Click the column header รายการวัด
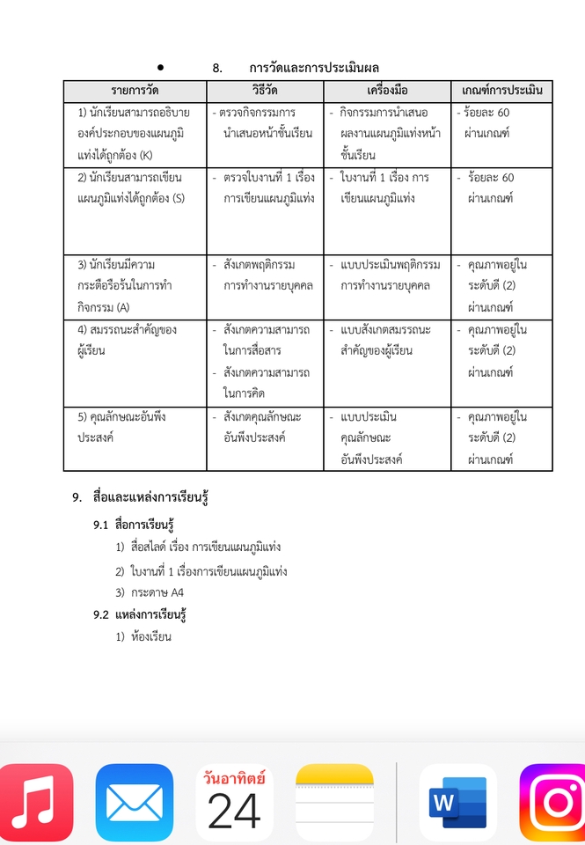135,91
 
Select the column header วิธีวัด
265,91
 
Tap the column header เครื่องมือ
387,91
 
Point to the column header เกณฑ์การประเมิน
501,91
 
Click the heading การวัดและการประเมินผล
314,68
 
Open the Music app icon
35,803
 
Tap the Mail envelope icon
135,803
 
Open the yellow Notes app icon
334,803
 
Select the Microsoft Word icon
457,803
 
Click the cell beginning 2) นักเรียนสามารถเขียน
135,187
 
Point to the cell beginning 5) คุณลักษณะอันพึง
135,427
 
